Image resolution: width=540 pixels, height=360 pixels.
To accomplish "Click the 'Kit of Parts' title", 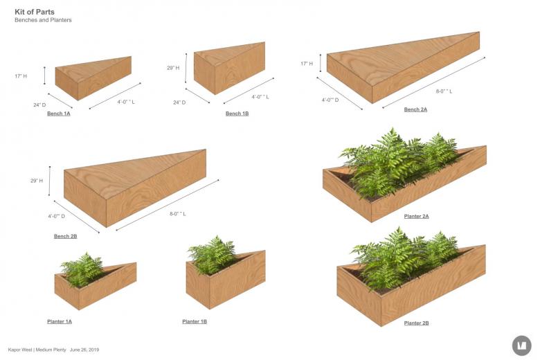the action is point(35,12).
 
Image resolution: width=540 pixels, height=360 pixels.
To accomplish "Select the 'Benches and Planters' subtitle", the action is point(43,20).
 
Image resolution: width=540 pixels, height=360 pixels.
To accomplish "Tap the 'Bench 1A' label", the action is point(59,114).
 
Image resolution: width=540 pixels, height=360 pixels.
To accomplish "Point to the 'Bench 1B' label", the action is point(237,114).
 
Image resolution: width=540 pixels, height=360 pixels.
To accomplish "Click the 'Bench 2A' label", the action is point(415,109).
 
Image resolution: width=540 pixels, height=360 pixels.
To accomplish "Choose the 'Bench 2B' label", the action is point(66,236).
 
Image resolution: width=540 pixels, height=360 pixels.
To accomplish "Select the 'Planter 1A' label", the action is point(60,321).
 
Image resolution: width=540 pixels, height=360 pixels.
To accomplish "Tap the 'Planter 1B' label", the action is point(195,321).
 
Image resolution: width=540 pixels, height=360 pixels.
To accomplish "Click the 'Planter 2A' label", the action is point(416,216).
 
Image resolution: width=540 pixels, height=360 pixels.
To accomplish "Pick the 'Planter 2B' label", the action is point(416,323).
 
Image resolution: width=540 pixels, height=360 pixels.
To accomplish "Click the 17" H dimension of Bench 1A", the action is point(21,75).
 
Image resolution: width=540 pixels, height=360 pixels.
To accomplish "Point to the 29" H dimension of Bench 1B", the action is point(173,68).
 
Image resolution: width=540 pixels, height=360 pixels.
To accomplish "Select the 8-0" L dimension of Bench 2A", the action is point(444,91).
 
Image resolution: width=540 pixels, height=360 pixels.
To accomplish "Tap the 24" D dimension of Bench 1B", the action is point(179,102).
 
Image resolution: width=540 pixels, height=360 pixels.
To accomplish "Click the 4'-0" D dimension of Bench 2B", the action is point(57,216).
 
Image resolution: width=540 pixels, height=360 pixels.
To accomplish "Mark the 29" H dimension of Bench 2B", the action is point(37,181).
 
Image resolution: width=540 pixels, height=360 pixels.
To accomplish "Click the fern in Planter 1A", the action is point(82,269).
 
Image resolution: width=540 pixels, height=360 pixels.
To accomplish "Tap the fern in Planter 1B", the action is point(211,254).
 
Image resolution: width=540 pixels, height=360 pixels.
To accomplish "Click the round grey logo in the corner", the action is point(522,345).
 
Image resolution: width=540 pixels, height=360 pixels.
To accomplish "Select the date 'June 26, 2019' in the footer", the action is point(84,350).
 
